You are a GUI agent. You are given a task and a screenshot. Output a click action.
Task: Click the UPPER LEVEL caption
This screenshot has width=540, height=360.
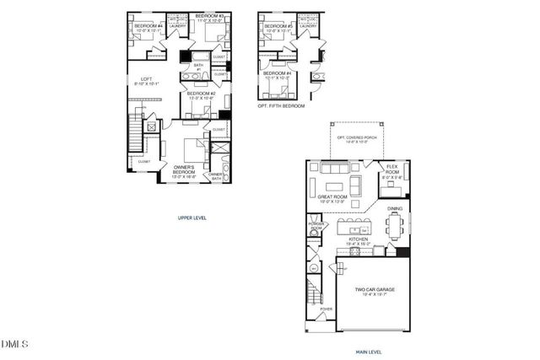(192, 217)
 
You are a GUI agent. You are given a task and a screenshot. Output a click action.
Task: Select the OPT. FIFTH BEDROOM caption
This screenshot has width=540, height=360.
(282, 107)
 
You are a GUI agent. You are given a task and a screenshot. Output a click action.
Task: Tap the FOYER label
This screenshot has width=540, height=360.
(326, 310)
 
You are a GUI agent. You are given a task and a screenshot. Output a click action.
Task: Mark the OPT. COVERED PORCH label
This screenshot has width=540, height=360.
(353, 139)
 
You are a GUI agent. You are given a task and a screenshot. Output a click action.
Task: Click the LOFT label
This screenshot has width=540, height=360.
(145, 80)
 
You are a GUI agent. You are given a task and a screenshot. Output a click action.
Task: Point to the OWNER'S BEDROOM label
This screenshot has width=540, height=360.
(184, 172)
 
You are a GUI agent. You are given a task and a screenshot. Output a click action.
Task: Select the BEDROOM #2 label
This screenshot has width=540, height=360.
(202, 94)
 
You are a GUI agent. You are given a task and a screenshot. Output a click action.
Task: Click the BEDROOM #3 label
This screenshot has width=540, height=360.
(209, 18)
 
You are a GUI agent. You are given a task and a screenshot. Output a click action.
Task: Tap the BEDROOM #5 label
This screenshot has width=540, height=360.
(278, 27)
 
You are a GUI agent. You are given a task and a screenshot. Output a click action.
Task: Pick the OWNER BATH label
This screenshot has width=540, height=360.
(216, 175)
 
